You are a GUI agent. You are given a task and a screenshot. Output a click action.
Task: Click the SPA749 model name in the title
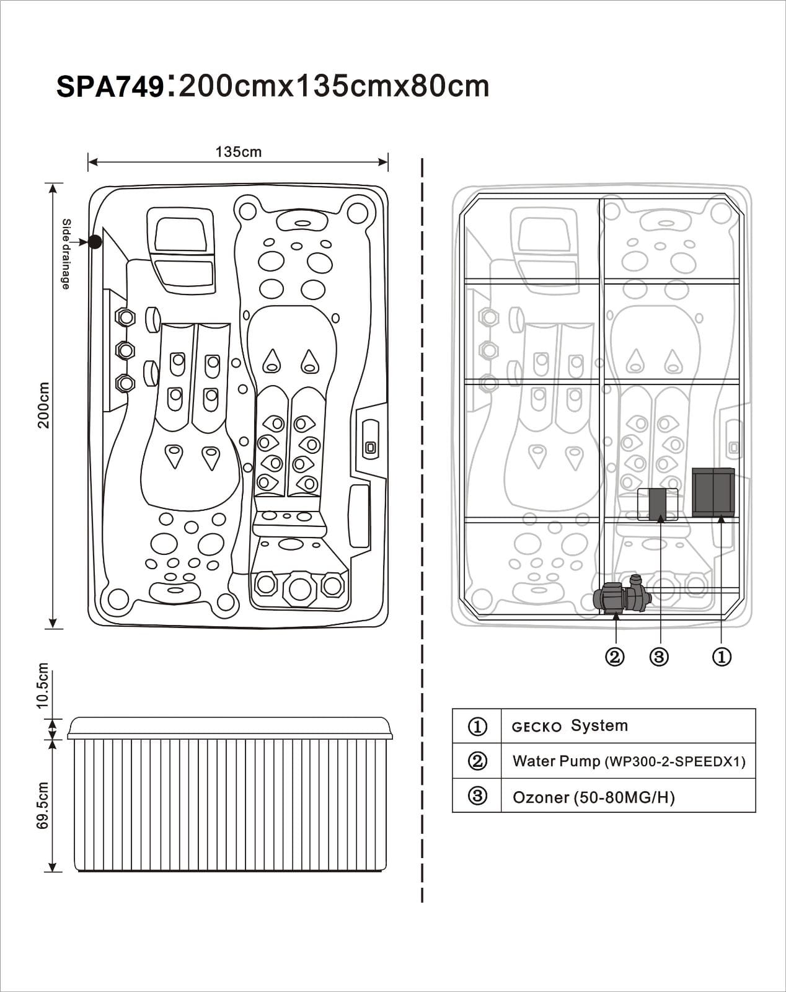tap(110, 87)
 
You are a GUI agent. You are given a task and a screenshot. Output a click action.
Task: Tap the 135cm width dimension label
tap(238, 152)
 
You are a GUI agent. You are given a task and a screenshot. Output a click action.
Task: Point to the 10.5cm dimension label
tap(42, 686)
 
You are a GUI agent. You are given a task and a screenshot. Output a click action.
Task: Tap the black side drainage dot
tap(95, 242)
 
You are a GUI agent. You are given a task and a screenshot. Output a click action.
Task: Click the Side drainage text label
tap(66, 254)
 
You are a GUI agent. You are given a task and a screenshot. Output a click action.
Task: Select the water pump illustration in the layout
tap(621, 597)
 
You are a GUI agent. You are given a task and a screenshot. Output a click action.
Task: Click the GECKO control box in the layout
tap(713, 492)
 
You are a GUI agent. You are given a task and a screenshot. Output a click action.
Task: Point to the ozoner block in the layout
tap(657, 504)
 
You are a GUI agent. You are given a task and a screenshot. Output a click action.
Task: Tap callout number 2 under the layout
tap(614, 657)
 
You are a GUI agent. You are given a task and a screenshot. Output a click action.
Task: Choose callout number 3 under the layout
tap(659, 657)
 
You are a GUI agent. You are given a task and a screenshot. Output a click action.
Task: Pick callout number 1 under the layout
tap(722, 657)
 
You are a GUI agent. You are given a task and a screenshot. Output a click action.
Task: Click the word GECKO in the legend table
tap(537, 727)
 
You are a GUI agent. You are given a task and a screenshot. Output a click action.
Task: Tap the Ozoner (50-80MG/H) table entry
tap(593, 797)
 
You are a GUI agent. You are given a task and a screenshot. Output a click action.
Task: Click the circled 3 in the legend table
tap(477, 795)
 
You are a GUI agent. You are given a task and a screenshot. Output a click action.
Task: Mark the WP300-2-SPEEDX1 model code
tap(675, 762)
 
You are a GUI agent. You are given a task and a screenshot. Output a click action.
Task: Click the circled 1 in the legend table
tap(477, 726)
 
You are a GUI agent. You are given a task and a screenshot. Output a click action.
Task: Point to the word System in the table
tap(599, 725)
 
